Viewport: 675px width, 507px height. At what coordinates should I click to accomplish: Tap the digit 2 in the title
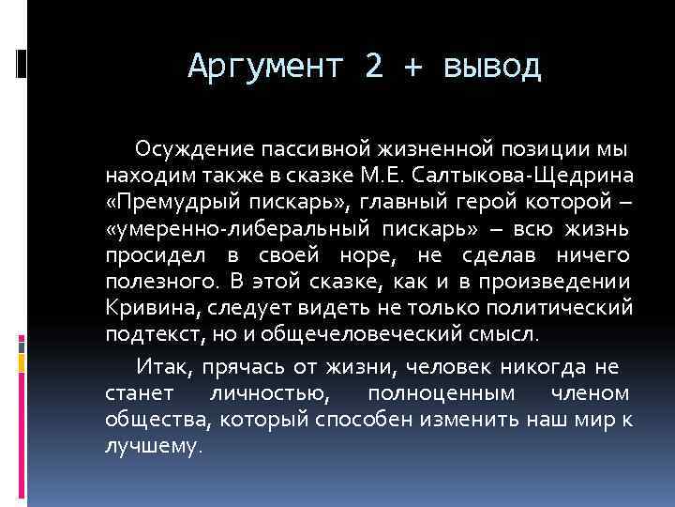click(375, 67)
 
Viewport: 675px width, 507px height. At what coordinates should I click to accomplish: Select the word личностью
click(273, 392)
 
